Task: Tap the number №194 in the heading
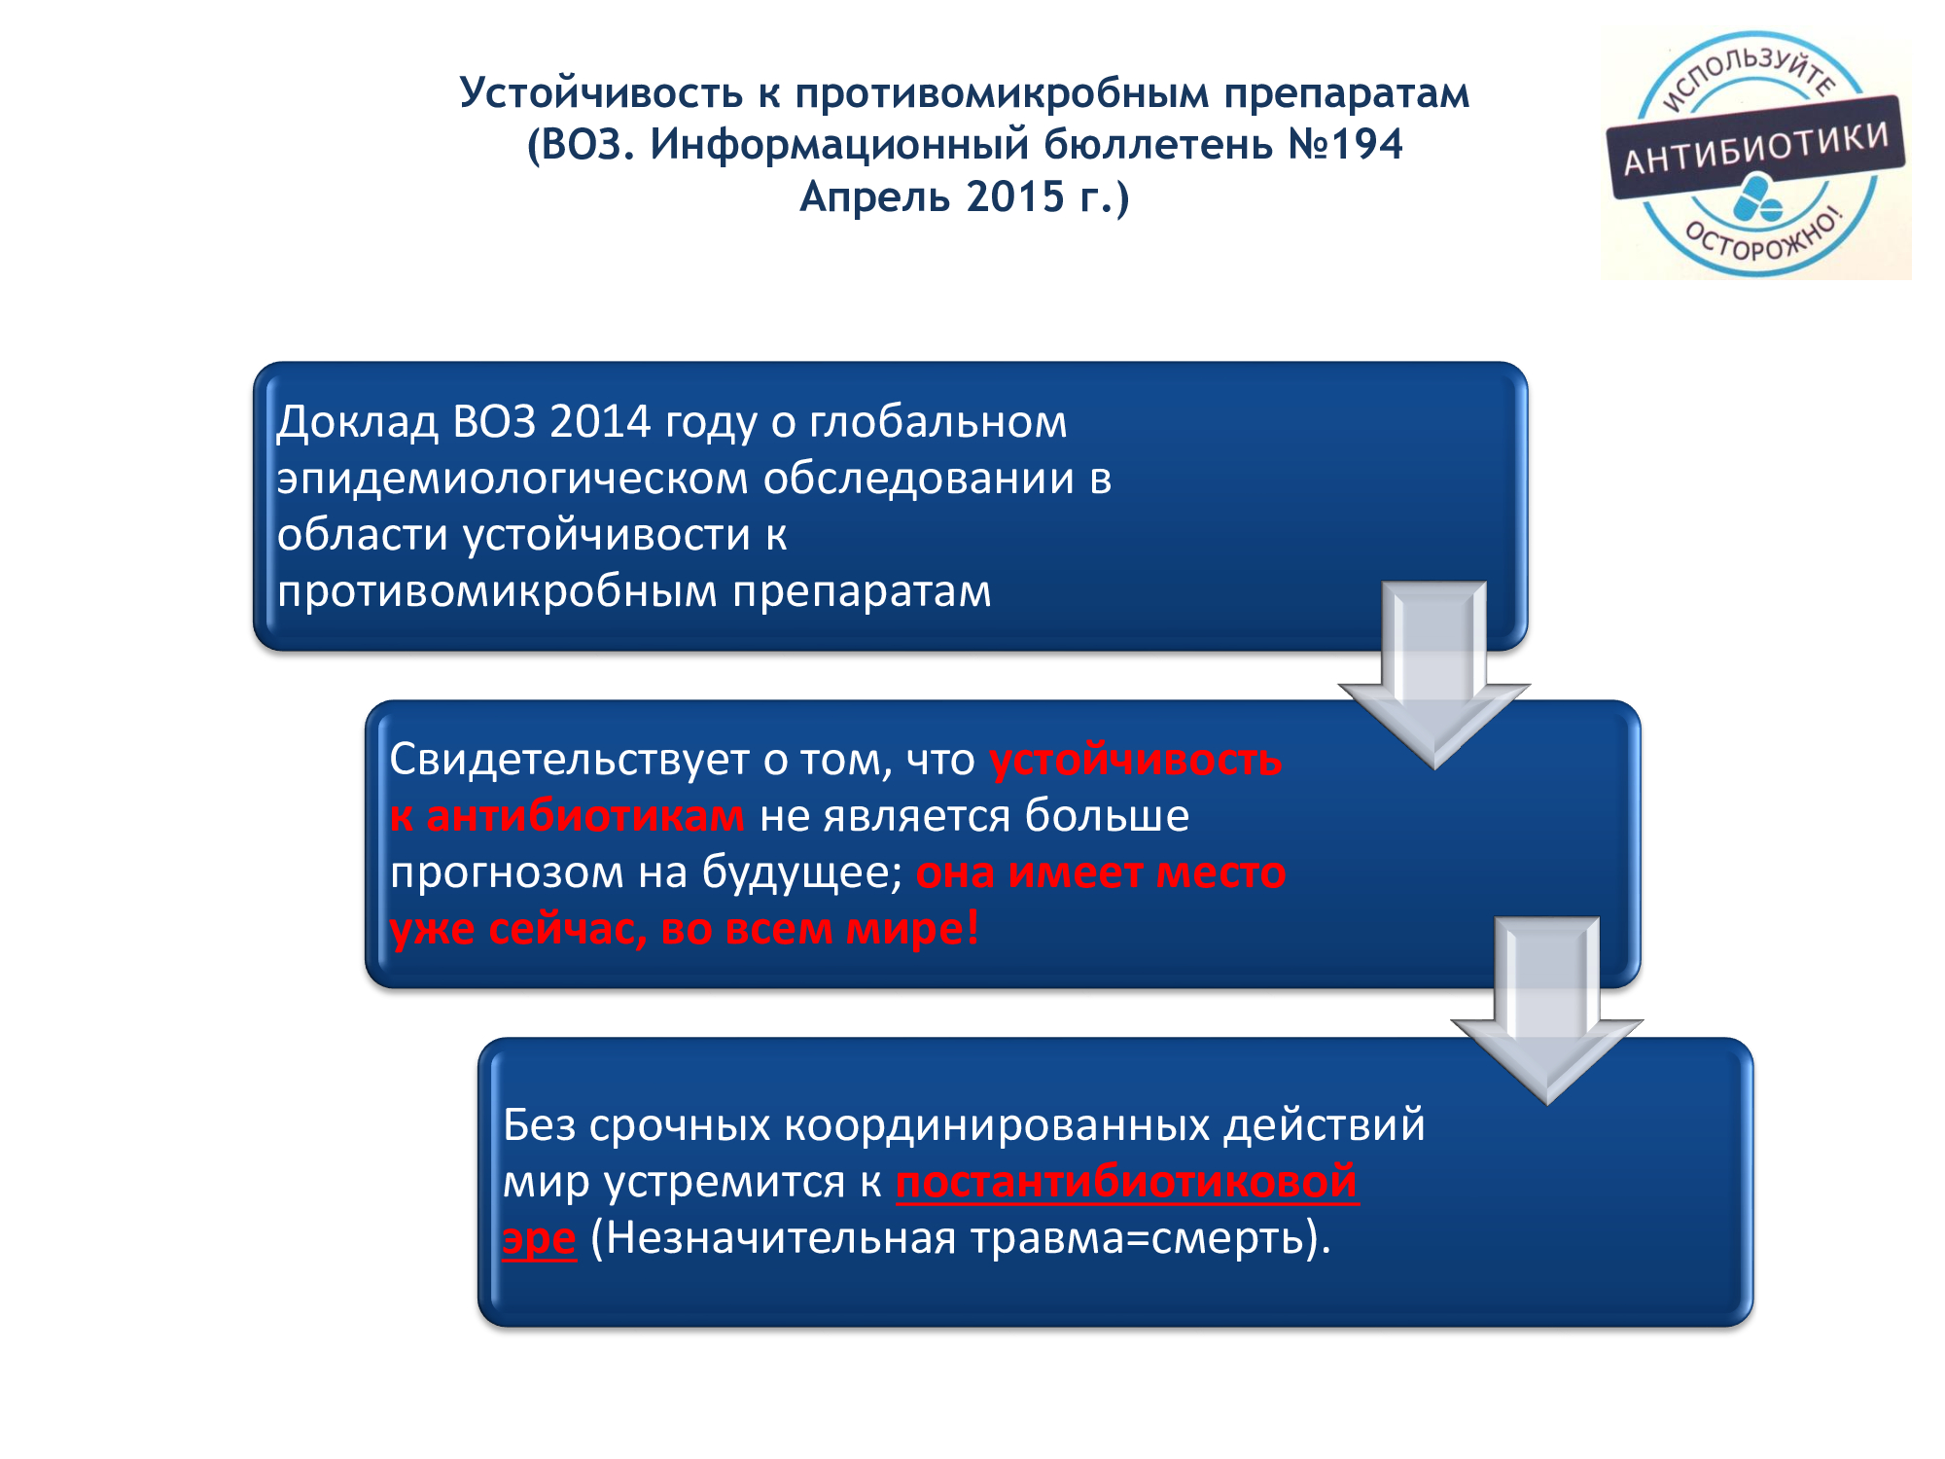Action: pyautogui.click(x=1345, y=145)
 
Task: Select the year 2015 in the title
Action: pyautogui.click(x=1015, y=197)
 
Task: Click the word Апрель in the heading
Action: pyautogui.click(x=874, y=197)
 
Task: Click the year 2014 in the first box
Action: pyautogui.click(x=600, y=422)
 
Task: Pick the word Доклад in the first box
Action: pyautogui.click(x=357, y=422)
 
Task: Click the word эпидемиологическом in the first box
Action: pyautogui.click(x=513, y=479)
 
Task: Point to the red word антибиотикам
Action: pyautogui.click(x=585, y=816)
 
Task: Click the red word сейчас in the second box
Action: pyautogui.click(x=567, y=929)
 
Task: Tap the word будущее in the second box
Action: pyautogui.click(x=802, y=872)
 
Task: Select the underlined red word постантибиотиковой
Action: pyautogui.click(x=1126, y=1182)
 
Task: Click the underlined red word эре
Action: pyautogui.click(x=539, y=1238)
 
